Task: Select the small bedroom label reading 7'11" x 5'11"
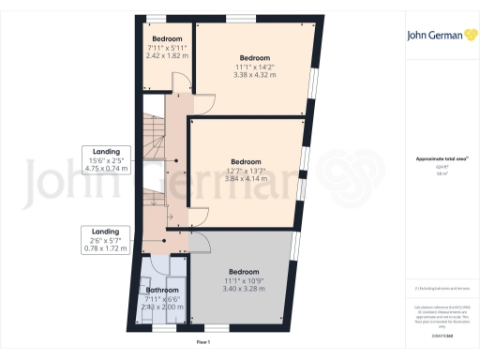(168, 48)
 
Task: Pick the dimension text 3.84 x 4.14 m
(247, 177)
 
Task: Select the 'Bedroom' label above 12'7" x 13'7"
(247, 161)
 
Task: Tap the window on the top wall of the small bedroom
(154, 18)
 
